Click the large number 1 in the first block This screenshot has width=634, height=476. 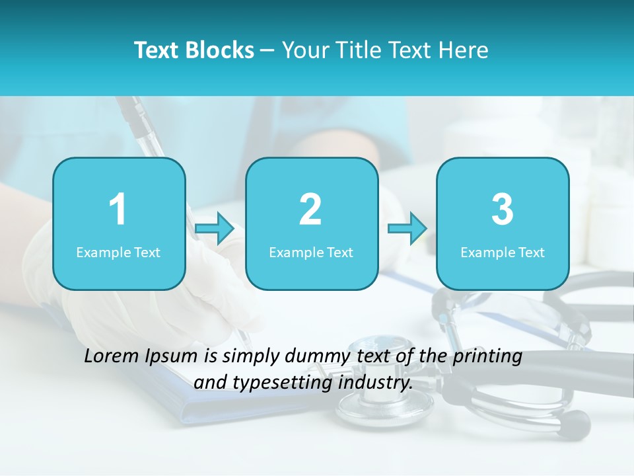click(118, 210)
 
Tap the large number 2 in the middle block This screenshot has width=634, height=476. click(310, 210)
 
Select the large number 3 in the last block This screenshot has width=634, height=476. click(503, 210)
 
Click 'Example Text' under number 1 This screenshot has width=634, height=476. click(118, 252)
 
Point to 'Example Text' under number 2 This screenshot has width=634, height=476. click(311, 252)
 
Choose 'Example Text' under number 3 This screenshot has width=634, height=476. click(503, 252)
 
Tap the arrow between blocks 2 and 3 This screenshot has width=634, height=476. click(407, 229)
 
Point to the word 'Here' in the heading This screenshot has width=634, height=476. click(464, 50)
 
